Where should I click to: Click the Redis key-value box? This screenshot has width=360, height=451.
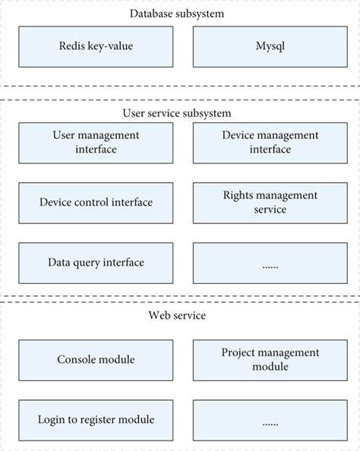tap(96, 46)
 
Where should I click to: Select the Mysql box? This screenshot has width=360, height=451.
tap(270, 46)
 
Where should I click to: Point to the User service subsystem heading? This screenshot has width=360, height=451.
tap(177, 113)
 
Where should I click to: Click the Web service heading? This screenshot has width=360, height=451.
tap(177, 315)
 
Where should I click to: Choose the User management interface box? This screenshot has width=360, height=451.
tap(96, 142)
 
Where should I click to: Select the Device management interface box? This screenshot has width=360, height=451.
tap(270, 142)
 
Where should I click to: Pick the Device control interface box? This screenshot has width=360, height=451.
tap(96, 202)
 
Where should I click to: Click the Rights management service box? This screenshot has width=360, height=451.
tap(270, 202)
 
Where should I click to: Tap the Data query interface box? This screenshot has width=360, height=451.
tap(96, 263)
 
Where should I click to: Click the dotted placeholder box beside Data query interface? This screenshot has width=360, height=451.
tap(270, 263)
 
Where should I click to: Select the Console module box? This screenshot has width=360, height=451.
tap(96, 359)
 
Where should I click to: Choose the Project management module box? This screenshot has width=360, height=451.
tap(270, 359)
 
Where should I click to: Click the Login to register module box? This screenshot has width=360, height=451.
tap(96, 419)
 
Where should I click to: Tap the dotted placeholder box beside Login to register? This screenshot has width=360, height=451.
tap(270, 419)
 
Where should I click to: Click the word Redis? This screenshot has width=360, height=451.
tap(72, 46)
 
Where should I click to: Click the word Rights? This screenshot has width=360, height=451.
tap(238, 195)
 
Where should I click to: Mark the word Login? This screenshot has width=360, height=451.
tap(52, 419)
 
